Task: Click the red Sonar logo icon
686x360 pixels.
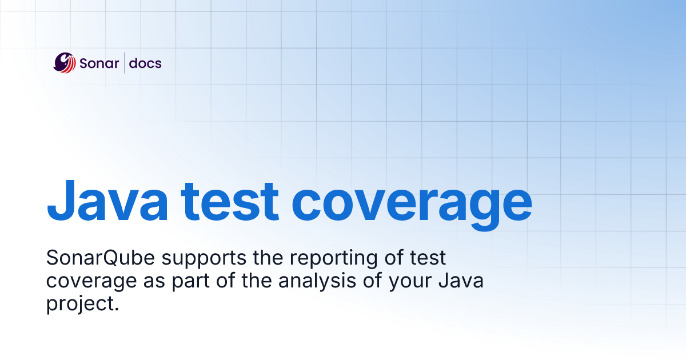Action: coord(65,62)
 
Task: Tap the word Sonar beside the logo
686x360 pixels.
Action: coord(99,63)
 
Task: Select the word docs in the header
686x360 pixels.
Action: coord(145,63)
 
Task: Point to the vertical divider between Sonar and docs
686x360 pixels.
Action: coord(124,63)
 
